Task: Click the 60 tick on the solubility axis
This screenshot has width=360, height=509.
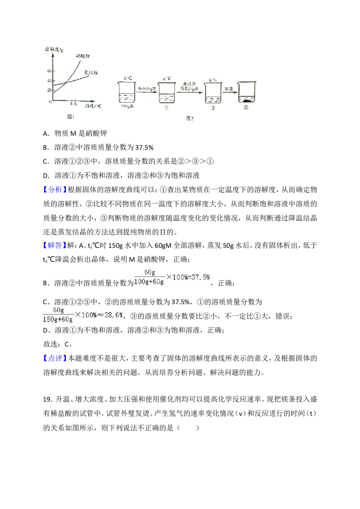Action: point(49,71)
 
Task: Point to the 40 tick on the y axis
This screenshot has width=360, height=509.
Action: point(49,80)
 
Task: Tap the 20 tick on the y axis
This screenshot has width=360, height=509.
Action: point(49,90)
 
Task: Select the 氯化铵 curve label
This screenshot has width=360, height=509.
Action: point(92,72)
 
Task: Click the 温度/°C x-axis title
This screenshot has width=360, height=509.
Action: point(93,106)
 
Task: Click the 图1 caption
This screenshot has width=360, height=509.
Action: point(70,116)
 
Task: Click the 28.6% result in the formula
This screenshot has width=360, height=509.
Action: point(111,315)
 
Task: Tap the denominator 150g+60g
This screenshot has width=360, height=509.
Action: point(57,319)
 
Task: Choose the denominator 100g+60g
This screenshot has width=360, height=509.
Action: point(149,282)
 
